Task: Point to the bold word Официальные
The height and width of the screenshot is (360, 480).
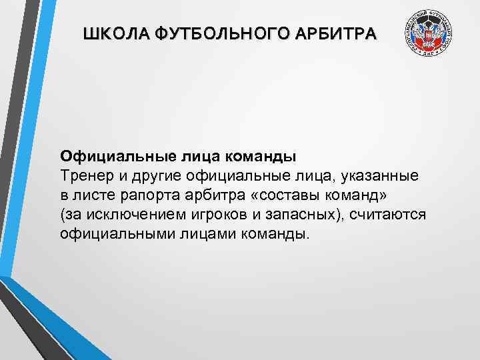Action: [117, 157]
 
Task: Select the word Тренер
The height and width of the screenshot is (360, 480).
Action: [85, 176]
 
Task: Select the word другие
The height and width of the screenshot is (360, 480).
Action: [152, 176]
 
